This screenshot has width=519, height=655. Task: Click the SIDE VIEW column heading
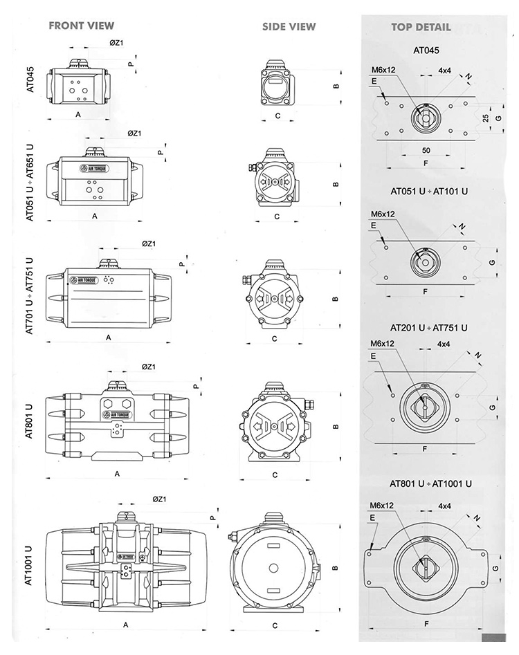coord(289,27)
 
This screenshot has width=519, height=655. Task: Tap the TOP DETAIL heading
coord(421,28)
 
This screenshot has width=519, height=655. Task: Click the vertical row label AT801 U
coord(30,421)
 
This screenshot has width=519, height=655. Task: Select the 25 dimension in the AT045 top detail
coord(486,118)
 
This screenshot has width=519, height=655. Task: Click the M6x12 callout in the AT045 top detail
coord(382,70)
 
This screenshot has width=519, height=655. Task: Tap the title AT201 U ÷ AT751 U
coord(428,327)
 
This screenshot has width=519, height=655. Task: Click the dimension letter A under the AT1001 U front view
coord(125,624)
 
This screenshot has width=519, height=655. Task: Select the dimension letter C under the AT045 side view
coord(277,116)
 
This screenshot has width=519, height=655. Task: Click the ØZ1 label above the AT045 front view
coord(116,43)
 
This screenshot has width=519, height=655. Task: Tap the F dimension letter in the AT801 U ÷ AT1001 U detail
coord(426,624)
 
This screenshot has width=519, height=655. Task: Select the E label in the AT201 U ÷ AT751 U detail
coord(374,356)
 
